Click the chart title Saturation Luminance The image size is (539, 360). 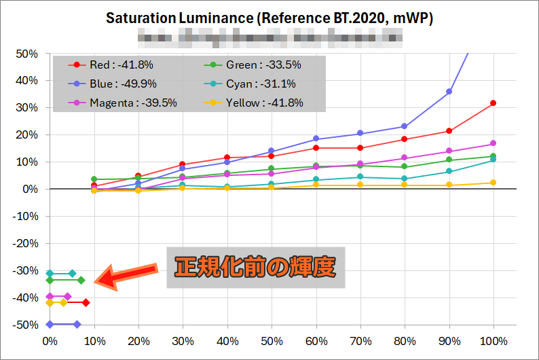click(269, 18)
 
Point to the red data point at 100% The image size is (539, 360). click(494, 103)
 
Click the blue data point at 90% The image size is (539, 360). click(449, 92)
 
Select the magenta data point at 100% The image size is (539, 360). click(494, 143)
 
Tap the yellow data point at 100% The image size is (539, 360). click(494, 183)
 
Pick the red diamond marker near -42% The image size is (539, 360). click(86, 302)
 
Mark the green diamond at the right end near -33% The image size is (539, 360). click(81, 280)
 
